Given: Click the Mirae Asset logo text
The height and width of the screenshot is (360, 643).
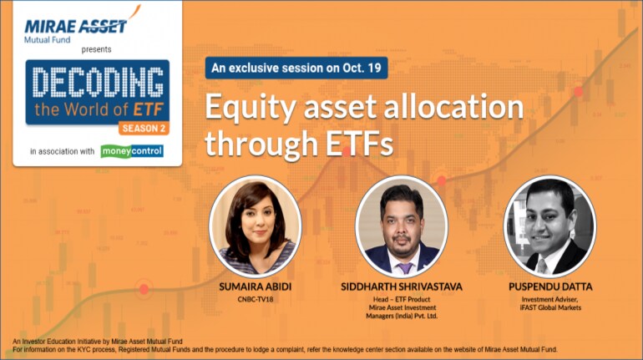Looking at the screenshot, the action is (x=76, y=26).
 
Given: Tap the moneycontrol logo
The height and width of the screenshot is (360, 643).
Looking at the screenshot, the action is (x=132, y=151).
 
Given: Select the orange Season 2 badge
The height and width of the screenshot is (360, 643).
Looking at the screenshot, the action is (x=144, y=129).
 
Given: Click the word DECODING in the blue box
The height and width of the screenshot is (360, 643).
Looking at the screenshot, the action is (x=98, y=83).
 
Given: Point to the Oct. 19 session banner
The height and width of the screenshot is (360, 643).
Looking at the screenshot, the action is (x=296, y=68).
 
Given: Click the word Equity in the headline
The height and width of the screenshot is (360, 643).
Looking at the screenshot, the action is (x=251, y=108).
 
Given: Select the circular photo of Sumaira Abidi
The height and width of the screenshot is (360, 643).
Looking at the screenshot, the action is (x=255, y=226).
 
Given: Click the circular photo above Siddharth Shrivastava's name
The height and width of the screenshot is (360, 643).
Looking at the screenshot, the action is (x=402, y=226).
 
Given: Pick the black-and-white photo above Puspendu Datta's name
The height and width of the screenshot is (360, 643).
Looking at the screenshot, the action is (x=550, y=226).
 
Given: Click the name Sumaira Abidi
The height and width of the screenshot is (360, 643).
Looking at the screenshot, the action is (x=255, y=286).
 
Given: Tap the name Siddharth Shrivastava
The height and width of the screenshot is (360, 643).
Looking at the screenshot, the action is (x=402, y=286).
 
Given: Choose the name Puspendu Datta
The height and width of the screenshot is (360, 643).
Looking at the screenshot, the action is (x=550, y=286).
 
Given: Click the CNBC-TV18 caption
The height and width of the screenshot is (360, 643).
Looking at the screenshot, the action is (x=255, y=299).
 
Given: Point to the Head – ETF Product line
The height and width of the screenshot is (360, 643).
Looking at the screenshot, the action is (x=402, y=299).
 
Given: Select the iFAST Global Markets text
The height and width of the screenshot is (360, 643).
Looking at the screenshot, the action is (x=550, y=307).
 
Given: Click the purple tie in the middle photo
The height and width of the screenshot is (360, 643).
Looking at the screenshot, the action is (x=405, y=268).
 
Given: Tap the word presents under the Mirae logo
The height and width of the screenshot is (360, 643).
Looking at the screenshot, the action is (x=96, y=49).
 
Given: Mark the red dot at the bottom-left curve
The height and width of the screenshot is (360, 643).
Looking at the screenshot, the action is (x=144, y=289).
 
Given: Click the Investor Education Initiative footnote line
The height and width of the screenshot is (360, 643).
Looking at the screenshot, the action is (x=98, y=342).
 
